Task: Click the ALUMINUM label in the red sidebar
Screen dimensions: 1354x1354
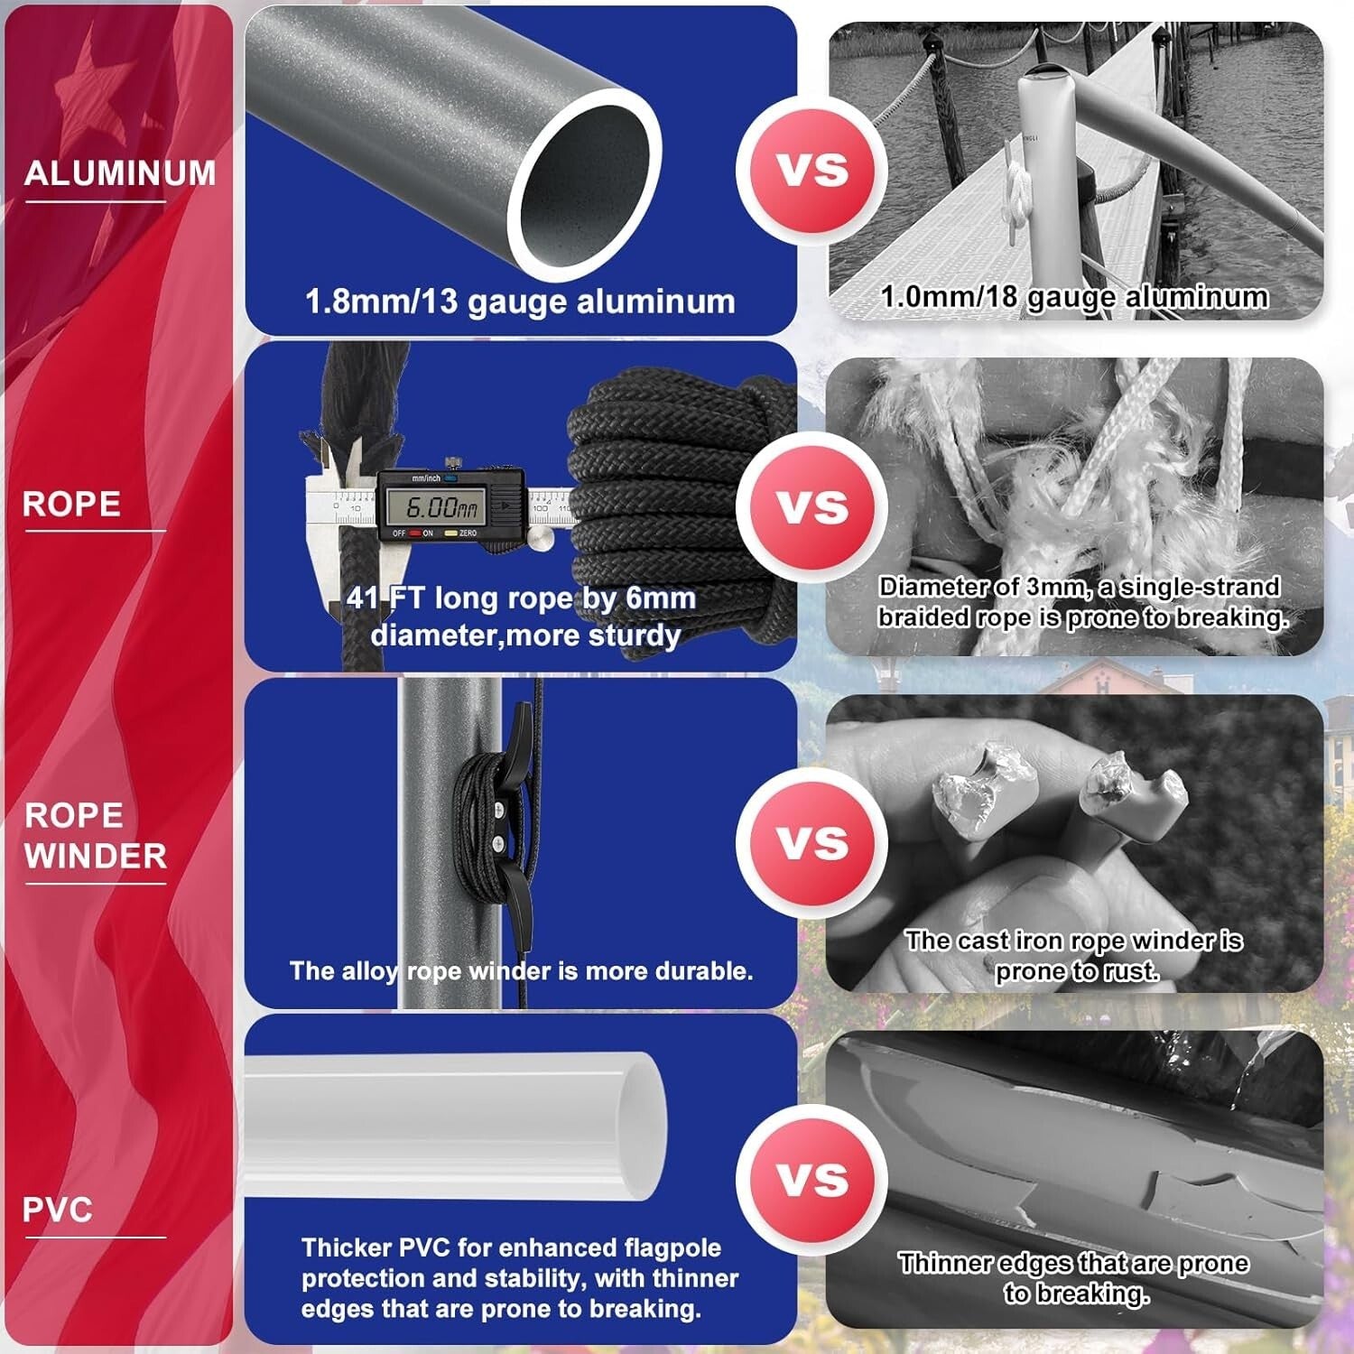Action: coord(120,172)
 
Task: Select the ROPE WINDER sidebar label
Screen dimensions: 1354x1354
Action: coord(96,836)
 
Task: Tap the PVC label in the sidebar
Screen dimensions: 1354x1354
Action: coord(58,1210)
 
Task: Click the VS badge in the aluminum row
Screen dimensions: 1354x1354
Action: coord(812,170)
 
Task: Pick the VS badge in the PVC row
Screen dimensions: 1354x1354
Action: coord(812,1180)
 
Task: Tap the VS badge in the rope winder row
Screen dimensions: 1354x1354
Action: coord(812,842)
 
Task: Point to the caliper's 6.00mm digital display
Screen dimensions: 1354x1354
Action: coord(443,507)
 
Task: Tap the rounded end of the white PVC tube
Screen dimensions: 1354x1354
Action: coord(643,1125)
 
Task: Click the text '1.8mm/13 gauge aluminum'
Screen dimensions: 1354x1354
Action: coord(520,301)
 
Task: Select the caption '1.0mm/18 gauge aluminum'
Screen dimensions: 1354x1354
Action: coord(1074,297)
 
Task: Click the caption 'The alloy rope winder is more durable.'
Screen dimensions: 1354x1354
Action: coord(521,971)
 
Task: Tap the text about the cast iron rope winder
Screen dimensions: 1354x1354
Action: coord(1074,956)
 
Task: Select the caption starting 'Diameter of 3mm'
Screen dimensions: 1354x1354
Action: coord(1081,602)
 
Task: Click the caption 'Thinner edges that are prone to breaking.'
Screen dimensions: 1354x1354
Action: coord(1074,1278)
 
